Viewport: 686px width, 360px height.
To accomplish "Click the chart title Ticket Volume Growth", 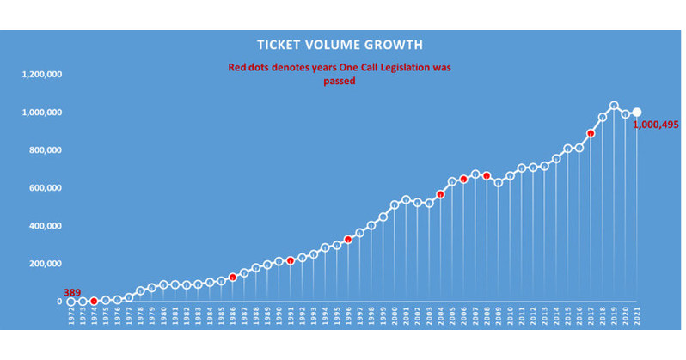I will pos(340,44).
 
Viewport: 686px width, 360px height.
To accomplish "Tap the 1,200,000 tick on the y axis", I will pos(42,75).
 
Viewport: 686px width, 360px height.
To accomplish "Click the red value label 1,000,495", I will pos(655,125).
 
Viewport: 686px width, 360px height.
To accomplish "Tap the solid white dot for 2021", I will pos(637,113).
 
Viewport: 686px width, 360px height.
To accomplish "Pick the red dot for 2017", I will pos(591,133).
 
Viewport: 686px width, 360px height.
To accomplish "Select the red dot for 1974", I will pos(94,302).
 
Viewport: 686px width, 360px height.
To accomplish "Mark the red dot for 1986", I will pos(232,278).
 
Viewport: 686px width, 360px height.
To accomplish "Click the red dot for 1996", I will pos(348,240).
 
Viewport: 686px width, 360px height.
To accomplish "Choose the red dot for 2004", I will pos(440,194).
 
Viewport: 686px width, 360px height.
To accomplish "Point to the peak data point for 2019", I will pos(614,106).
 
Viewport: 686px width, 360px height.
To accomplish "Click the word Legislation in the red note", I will pos(406,67).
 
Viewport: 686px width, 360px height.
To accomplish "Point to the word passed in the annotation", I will pos(340,82).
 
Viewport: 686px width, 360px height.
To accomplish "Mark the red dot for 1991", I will pos(291,259).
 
